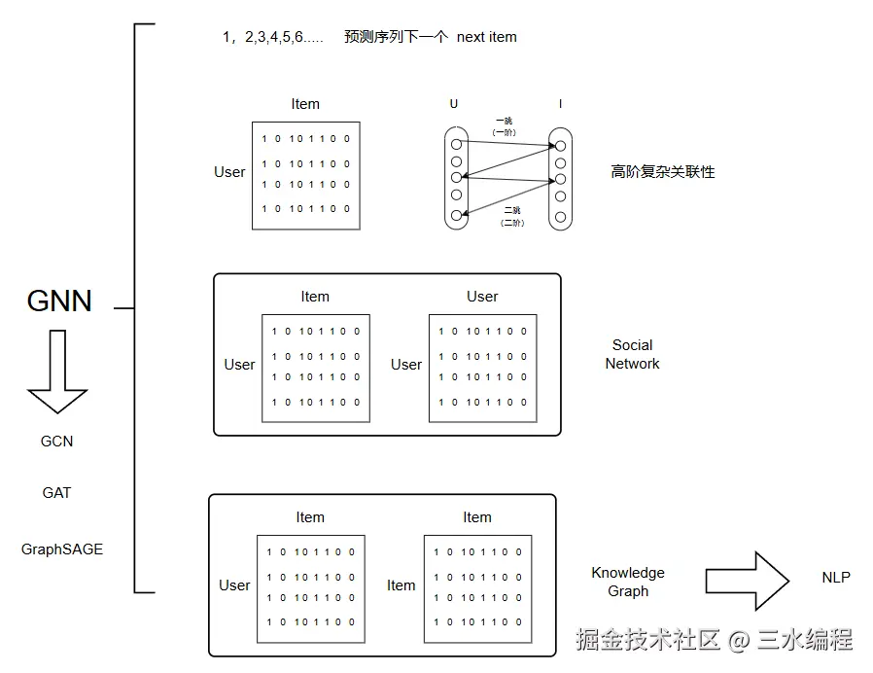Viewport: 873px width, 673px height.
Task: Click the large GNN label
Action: (x=59, y=301)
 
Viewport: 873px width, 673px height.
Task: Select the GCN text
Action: (x=56, y=442)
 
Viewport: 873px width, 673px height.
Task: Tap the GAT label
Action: (x=56, y=493)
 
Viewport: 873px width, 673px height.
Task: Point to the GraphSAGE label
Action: (x=62, y=549)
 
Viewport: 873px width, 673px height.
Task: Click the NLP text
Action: (x=835, y=578)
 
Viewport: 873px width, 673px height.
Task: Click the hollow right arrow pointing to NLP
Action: (x=746, y=582)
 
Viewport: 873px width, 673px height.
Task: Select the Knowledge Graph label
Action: (x=628, y=582)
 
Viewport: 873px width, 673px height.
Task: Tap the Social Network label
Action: (x=632, y=354)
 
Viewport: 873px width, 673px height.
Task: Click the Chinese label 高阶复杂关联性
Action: (x=662, y=172)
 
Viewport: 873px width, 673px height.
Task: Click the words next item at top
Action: (x=486, y=37)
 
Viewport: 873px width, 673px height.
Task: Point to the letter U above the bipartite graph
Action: (x=454, y=104)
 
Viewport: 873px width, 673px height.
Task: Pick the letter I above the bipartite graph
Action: (x=560, y=104)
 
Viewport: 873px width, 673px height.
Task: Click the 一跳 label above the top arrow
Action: (x=504, y=122)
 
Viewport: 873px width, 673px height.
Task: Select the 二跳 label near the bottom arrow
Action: (x=511, y=211)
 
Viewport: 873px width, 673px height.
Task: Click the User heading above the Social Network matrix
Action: (x=482, y=297)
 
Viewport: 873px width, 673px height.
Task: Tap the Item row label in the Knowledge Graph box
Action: (x=402, y=585)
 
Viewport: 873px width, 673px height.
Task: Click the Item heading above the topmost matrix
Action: (x=305, y=104)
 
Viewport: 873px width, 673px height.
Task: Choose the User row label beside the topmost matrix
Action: (x=229, y=172)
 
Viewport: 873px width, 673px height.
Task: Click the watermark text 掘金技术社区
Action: (x=646, y=639)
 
